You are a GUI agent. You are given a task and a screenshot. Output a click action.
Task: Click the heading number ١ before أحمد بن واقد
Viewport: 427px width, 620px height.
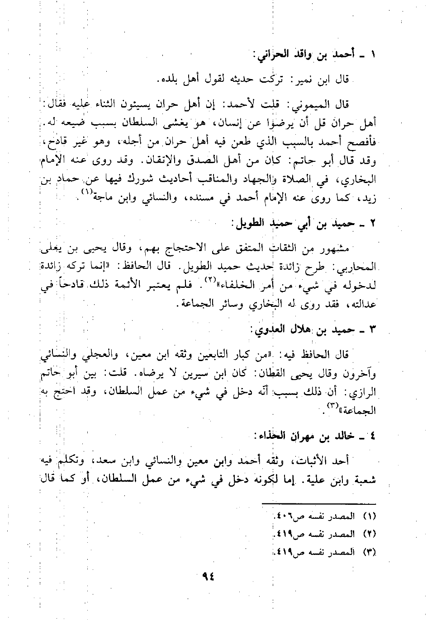coord(373,58)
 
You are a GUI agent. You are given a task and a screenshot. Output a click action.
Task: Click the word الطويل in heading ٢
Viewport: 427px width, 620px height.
coord(247,224)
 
